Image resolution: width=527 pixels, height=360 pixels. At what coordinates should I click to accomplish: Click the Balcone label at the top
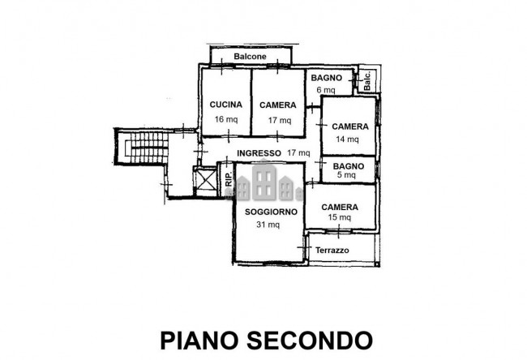(x=250, y=57)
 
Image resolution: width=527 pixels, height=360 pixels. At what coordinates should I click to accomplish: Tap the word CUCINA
(x=226, y=105)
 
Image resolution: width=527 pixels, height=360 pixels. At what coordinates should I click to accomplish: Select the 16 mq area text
(x=226, y=119)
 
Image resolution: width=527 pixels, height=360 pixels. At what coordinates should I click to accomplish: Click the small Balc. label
(x=367, y=80)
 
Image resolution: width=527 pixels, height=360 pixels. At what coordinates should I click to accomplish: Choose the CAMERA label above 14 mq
(x=350, y=126)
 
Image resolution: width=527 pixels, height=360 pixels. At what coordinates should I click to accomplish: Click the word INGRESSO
(x=259, y=152)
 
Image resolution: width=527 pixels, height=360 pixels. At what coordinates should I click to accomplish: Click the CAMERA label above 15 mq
(x=340, y=207)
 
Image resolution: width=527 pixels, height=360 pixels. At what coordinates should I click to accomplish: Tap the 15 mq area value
(x=340, y=217)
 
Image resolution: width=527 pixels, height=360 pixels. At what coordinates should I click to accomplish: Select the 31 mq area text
(x=268, y=225)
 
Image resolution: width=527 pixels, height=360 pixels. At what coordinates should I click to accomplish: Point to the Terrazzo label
(x=332, y=251)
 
